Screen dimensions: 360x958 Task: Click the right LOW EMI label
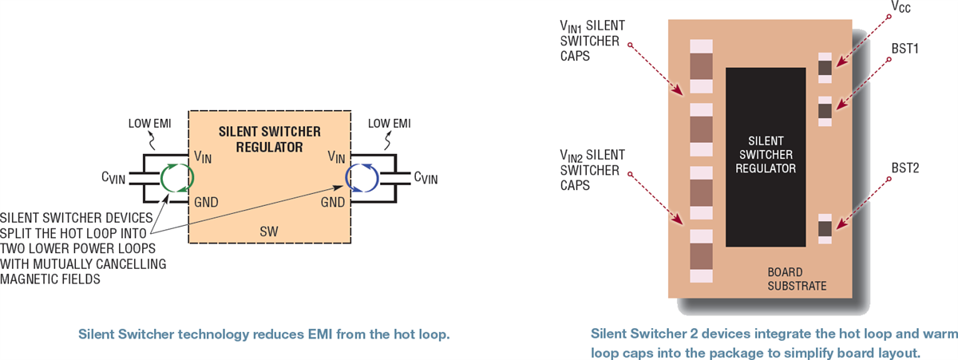pyautogui.click(x=389, y=123)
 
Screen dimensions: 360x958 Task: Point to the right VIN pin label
pyautogui.click(x=336, y=157)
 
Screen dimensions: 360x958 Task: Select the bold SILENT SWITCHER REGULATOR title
pyautogui.click(x=269, y=139)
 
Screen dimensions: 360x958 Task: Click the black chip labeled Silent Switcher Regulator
pyautogui.click(x=766, y=156)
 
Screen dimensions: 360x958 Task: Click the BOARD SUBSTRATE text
pyautogui.click(x=792, y=279)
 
